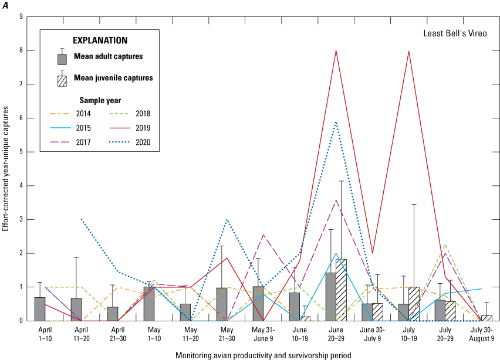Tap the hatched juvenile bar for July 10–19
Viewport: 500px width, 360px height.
pyautogui.click(x=414, y=304)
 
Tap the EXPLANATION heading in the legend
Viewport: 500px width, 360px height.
pyautogui.click(x=100, y=40)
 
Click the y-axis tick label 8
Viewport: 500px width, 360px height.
pyautogui.click(x=21, y=50)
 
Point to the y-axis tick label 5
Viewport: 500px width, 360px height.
pyautogui.click(x=21, y=152)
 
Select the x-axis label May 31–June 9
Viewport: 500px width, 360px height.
pyautogui.click(x=259, y=332)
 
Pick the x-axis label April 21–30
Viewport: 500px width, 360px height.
pyautogui.click(x=113, y=332)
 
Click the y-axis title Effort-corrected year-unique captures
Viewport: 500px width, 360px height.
pyautogui.click(x=6, y=168)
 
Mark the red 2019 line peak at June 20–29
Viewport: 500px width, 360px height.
pyautogui.click(x=336, y=50)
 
